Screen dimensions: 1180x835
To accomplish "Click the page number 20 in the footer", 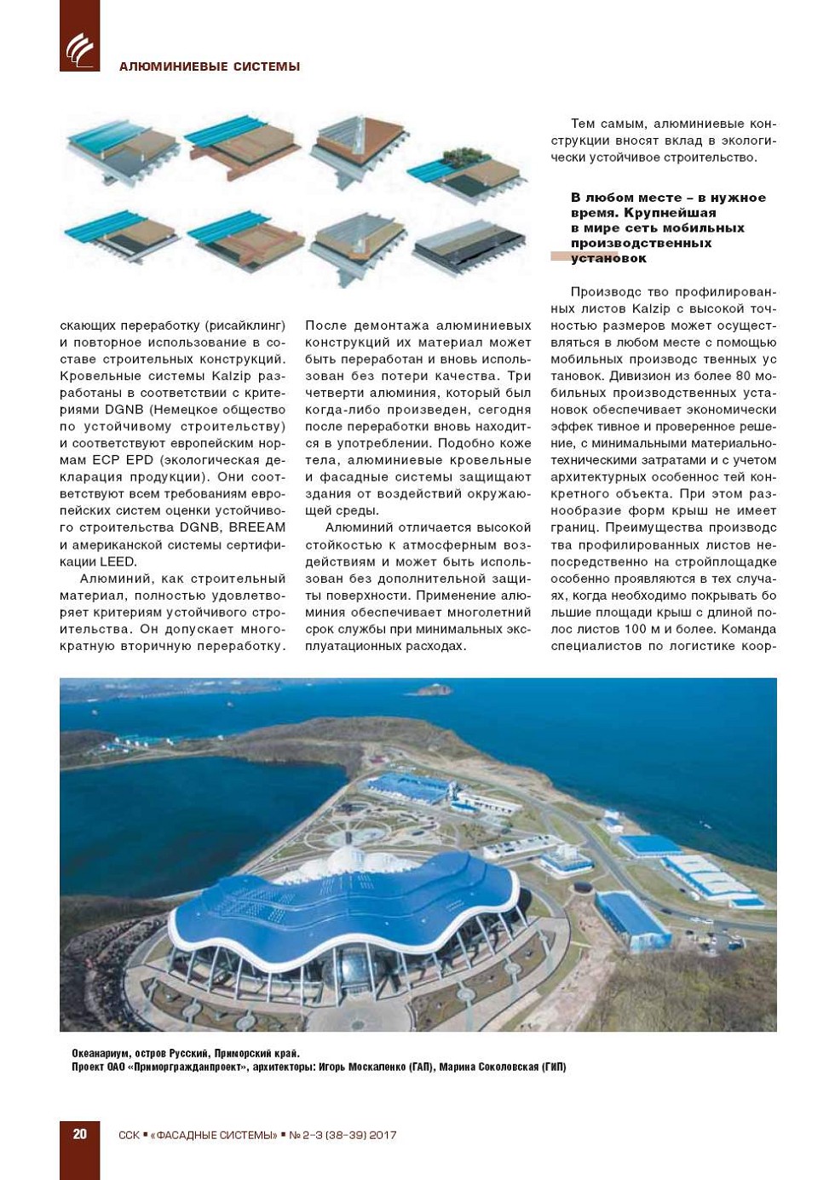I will pos(79,1134).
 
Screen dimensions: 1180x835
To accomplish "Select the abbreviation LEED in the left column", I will pos(118,561).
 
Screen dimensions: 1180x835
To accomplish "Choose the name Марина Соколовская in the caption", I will pos(488,1067).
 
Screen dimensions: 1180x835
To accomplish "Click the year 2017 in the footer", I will pos(382,1135).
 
